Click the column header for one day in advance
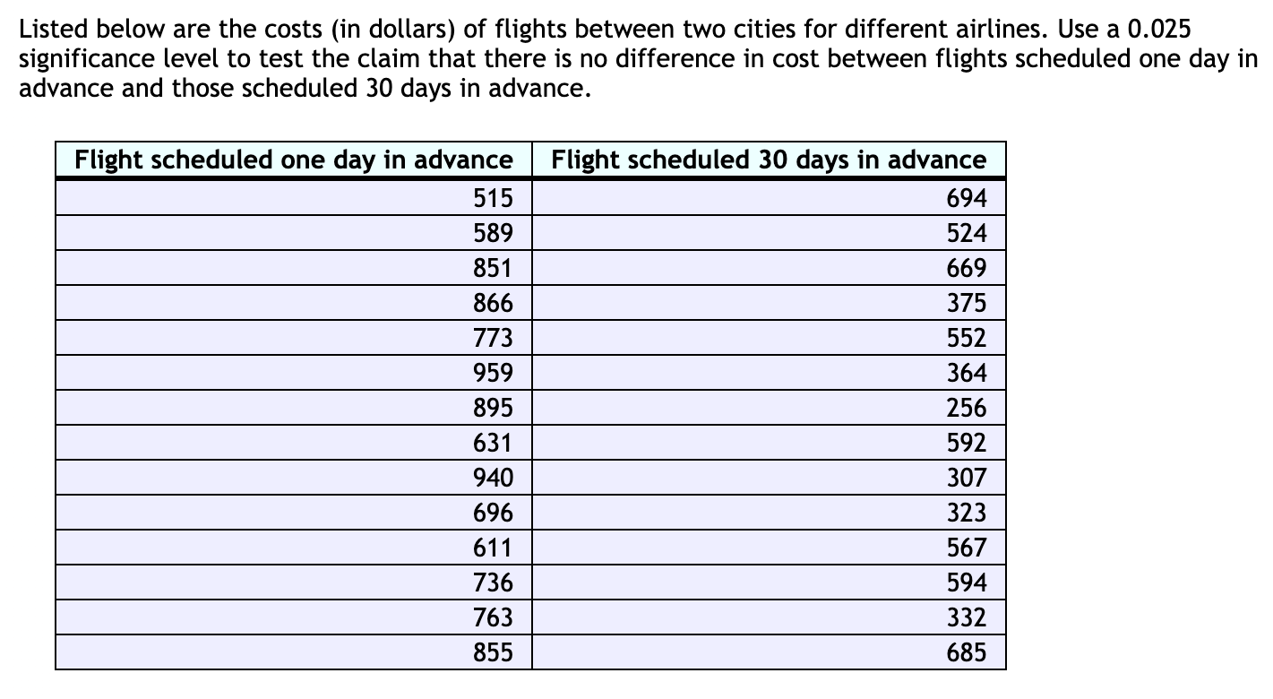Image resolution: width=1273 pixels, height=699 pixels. pyautogui.click(x=293, y=160)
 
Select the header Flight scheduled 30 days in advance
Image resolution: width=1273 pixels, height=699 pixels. pyautogui.click(x=769, y=160)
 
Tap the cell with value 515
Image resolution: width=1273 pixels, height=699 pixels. pyautogui.click(x=493, y=198)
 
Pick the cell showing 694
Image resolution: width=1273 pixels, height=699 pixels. pyautogui.click(x=966, y=198)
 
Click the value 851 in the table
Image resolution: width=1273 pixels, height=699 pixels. pyautogui.click(x=493, y=268)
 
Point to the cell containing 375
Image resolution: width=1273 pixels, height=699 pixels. pyautogui.click(x=966, y=303)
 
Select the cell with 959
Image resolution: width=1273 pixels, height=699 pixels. pyautogui.click(x=493, y=373)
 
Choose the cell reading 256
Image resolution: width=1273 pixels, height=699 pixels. pyautogui.click(x=966, y=408)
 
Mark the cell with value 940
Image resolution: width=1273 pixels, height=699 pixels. pyautogui.click(x=493, y=478)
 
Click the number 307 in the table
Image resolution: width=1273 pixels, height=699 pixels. pyautogui.click(x=966, y=478)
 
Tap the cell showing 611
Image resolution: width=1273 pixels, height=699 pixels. pyautogui.click(x=493, y=548)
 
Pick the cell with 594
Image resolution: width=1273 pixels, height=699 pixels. pyautogui.click(x=966, y=582)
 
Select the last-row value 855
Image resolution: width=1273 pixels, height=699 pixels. pyautogui.click(x=493, y=652)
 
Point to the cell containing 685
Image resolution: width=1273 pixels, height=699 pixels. pyautogui.click(x=966, y=652)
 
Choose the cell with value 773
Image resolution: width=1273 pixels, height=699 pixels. pyautogui.click(x=493, y=338)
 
